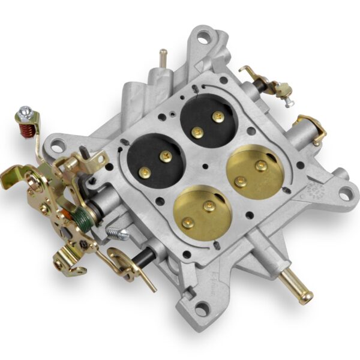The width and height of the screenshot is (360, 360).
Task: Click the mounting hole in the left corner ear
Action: [58, 144]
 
